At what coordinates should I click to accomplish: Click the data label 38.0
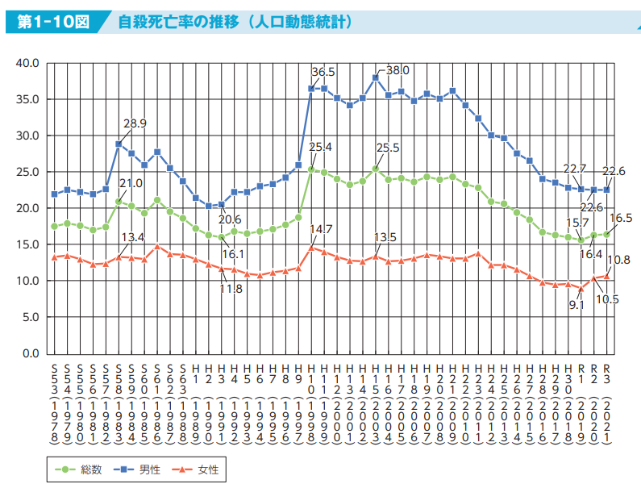click(398, 71)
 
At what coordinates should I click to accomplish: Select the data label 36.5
click(323, 72)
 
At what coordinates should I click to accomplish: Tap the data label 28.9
click(135, 124)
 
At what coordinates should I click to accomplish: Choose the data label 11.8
click(231, 290)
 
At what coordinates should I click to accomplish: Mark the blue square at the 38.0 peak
click(376, 77)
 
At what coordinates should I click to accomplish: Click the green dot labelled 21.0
click(119, 201)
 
